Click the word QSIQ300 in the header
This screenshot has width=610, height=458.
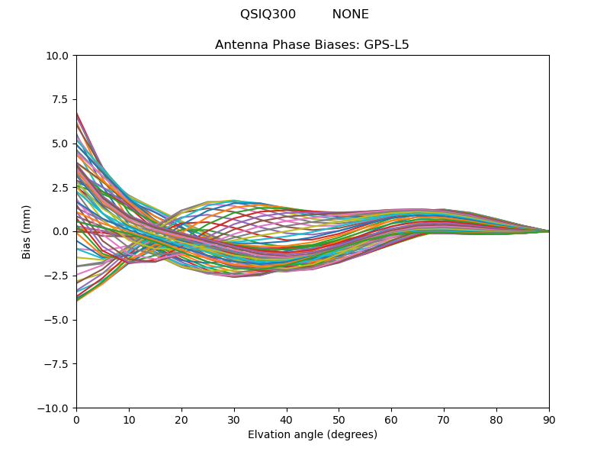point(268,15)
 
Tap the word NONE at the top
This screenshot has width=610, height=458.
point(350,15)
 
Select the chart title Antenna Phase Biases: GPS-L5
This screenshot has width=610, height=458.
point(312,45)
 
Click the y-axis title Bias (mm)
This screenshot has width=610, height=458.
point(27,231)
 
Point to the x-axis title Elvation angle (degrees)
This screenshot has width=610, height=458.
point(312,435)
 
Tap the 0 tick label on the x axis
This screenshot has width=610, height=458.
point(76,420)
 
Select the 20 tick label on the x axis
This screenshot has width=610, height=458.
point(181,420)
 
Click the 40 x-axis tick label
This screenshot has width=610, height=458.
point(287,420)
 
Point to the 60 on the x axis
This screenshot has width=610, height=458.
point(391,420)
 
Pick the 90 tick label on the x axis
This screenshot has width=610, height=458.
point(549,420)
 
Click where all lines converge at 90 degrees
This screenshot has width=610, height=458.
point(548,231)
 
